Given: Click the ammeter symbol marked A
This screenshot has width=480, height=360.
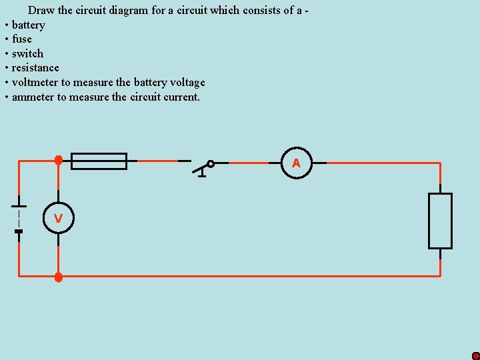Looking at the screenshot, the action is click(x=296, y=163).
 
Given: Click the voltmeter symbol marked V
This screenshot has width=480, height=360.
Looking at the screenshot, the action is click(x=58, y=218).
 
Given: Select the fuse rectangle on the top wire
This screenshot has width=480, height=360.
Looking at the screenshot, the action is click(x=99, y=161).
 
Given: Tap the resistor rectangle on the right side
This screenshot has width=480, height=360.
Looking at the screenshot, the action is click(x=440, y=221).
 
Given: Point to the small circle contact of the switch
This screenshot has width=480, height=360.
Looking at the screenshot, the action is click(x=211, y=163).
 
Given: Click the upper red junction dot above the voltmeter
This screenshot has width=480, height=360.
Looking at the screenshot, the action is click(x=59, y=160).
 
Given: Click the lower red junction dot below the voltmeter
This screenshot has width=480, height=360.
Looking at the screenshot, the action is click(x=58, y=277).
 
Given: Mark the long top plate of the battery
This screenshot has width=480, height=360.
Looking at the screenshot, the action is click(x=19, y=206).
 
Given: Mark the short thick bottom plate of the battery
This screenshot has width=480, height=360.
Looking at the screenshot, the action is click(x=19, y=231).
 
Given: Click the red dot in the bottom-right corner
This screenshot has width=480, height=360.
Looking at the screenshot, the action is click(x=475, y=356).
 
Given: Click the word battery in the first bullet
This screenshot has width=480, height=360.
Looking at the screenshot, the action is click(x=29, y=25).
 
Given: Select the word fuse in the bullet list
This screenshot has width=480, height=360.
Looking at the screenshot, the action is click(x=22, y=39).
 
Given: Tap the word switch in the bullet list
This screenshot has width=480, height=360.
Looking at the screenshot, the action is click(x=27, y=53).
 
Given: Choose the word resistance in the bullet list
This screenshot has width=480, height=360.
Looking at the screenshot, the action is click(x=35, y=68).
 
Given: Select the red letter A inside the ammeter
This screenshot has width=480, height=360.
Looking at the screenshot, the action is click(x=296, y=163).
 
